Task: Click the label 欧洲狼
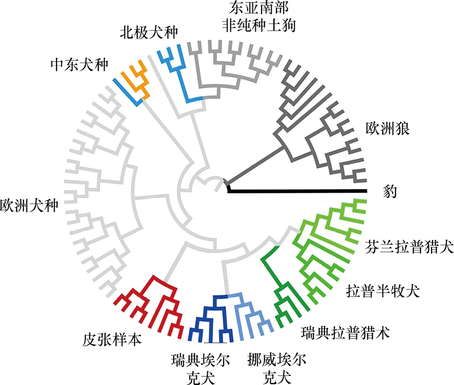tap(387, 130)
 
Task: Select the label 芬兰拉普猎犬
tap(409, 248)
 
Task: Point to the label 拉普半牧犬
tap(383, 291)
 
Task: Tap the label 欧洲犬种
tap(29, 205)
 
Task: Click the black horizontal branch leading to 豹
tap(298, 190)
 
